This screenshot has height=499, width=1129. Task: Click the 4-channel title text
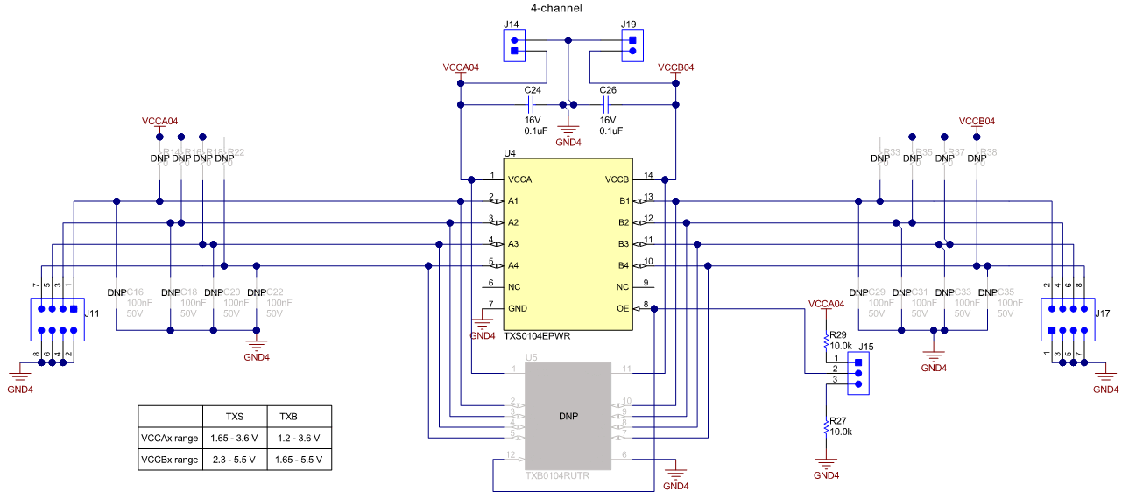point(556,8)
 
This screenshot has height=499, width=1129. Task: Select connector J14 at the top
point(514,46)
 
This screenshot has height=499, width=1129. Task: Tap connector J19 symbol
point(630,46)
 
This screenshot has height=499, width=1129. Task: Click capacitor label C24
point(533,90)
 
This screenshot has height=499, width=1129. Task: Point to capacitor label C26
point(608,90)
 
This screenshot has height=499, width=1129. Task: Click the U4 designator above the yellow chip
point(510,153)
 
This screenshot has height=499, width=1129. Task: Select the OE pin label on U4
point(623,308)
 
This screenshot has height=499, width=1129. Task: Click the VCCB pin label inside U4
point(617,179)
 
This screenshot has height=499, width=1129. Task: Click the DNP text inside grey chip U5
point(568,416)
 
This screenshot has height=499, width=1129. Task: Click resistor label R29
point(838,335)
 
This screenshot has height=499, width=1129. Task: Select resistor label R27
point(838,421)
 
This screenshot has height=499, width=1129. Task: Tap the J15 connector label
point(866,347)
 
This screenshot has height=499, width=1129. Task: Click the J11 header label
point(91,313)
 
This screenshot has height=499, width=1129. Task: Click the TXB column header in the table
point(289,416)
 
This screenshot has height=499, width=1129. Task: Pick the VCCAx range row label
point(169,438)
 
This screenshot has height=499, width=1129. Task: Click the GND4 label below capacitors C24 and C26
point(568,142)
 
